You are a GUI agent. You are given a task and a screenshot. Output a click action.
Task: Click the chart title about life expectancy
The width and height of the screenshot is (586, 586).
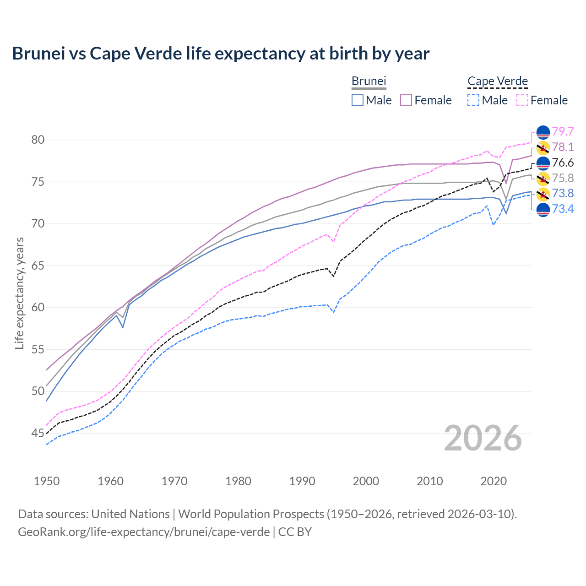point(221,54)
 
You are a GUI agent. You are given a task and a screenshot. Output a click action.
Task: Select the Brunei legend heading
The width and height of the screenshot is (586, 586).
point(369,81)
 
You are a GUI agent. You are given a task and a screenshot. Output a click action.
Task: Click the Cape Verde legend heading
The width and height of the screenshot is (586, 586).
point(498,81)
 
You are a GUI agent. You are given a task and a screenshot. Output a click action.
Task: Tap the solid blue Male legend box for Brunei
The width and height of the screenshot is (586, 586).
point(358,100)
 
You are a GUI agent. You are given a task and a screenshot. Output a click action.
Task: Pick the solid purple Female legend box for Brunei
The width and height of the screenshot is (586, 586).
point(406,100)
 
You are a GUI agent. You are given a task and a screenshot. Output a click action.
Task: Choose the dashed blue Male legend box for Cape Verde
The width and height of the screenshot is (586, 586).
point(474,100)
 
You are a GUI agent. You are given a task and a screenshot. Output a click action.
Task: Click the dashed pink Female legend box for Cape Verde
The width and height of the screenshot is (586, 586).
point(522,100)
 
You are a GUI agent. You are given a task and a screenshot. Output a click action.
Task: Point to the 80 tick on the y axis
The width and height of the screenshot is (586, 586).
point(38,140)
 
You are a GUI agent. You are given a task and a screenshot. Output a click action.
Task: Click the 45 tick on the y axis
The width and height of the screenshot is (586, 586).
point(38,433)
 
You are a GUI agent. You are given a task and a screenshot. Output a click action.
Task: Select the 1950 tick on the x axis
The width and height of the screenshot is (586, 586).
point(47,481)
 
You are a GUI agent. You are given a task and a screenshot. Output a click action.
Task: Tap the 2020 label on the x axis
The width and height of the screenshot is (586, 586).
point(494,481)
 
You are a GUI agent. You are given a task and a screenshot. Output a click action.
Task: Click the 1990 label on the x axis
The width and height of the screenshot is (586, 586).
point(302,481)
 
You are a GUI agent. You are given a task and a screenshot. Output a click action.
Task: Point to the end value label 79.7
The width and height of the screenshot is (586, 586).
point(563,132)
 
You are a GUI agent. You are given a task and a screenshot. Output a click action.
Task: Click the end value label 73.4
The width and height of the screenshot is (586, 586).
point(563,209)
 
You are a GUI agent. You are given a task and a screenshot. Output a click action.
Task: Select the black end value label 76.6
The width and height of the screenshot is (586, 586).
point(563,163)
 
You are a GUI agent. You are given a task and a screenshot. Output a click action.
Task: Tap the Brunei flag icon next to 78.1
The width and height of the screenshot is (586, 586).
point(543,147)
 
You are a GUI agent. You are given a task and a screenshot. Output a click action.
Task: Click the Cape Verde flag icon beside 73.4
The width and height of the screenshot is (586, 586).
point(543,210)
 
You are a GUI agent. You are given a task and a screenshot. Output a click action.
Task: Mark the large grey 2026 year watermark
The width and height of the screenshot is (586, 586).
point(483,438)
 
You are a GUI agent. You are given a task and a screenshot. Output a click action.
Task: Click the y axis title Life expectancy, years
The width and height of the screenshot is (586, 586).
point(19,293)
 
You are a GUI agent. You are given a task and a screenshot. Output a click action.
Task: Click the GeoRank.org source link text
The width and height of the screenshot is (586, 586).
point(144,532)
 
